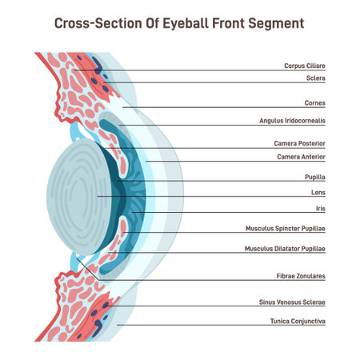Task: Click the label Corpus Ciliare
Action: pyautogui.click(x=305, y=66)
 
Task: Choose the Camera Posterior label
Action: pyautogui.click(x=300, y=143)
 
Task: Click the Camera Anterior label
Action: pyautogui.click(x=301, y=157)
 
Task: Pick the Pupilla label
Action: pyautogui.click(x=314, y=176)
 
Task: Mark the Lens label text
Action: pyautogui.click(x=318, y=193)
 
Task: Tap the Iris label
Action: pyautogui.click(x=319, y=208)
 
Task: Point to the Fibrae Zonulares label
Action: pyautogui.click(x=300, y=276)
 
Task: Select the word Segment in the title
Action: pyautogui.click(x=277, y=23)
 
